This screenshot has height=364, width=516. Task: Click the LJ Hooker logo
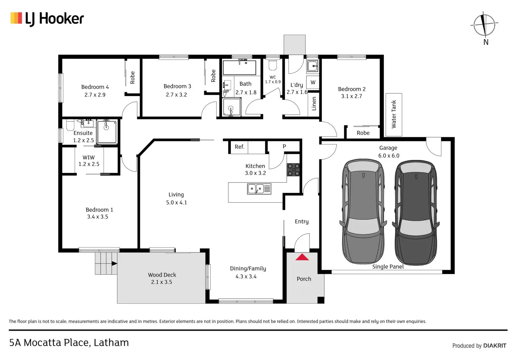[x=47, y=19]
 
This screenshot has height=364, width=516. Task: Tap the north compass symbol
[x=484, y=25]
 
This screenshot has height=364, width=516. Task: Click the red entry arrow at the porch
[x=302, y=257]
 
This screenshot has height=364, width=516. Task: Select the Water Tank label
[x=394, y=114]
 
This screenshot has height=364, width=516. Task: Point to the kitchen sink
[x=259, y=189]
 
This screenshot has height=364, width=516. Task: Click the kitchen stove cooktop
[x=293, y=170]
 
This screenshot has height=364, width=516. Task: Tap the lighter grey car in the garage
[x=363, y=211]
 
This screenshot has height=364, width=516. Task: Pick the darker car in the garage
[x=416, y=212]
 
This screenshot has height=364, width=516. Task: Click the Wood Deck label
[x=162, y=275]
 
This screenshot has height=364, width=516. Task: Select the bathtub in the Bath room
[x=240, y=67]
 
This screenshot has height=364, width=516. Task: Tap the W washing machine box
[x=313, y=83]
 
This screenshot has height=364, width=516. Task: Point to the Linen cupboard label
[x=314, y=104]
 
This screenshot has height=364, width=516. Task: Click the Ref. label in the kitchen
[x=239, y=147]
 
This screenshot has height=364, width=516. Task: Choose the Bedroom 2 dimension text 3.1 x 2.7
[x=351, y=96]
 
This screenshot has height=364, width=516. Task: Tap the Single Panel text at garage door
[x=388, y=267]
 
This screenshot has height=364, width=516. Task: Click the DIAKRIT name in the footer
[x=494, y=346]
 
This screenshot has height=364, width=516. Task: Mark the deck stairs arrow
[x=114, y=263]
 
